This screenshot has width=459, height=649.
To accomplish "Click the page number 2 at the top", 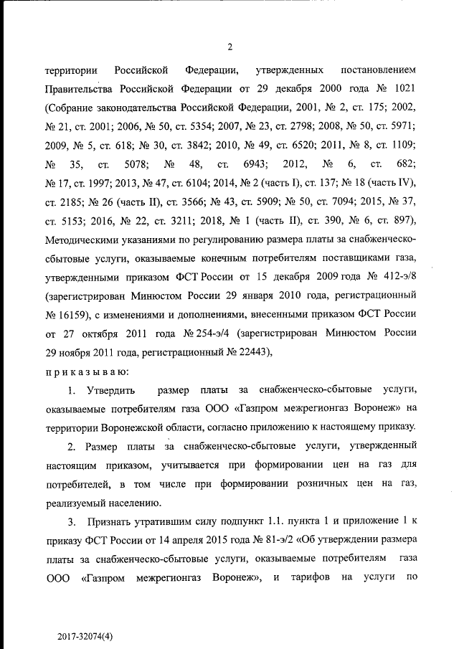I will pyautogui.click(x=229, y=48).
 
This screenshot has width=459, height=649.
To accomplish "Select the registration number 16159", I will pyautogui.click(x=80, y=314).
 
